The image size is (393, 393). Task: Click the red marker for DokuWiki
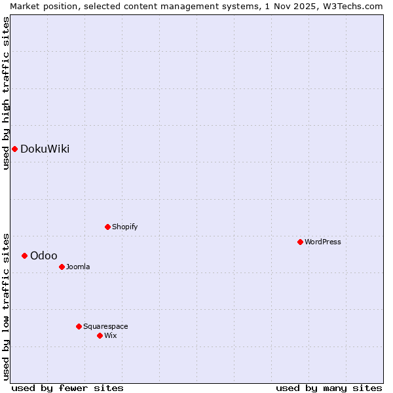click(14, 149)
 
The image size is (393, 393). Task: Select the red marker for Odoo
click(24, 255)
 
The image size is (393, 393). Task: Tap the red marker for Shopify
click(107, 227)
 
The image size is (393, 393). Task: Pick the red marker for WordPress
click(300, 242)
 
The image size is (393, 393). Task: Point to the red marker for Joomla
click(62, 267)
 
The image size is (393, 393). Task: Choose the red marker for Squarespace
click(79, 326)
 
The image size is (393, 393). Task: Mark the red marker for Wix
click(100, 335)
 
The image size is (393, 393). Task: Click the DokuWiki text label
click(45, 149)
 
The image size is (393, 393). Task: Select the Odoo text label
click(44, 255)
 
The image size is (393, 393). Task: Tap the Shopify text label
click(124, 227)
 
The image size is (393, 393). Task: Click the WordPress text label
click(323, 242)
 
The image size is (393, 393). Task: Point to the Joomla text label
click(78, 267)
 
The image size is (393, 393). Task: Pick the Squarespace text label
click(105, 326)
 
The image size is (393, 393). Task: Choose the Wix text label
click(111, 335)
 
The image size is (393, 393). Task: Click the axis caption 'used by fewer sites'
click(67, 388)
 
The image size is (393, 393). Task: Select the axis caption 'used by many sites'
click(329, 388)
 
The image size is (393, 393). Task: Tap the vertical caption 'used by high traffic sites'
click(6, 93)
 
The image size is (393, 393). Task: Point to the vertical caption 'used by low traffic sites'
click(6, 306)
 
